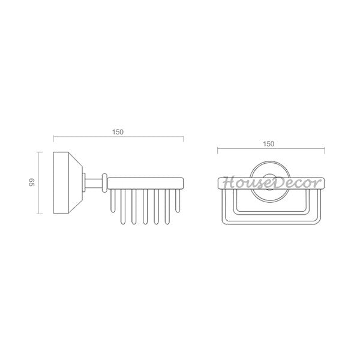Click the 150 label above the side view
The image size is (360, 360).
[118, 132]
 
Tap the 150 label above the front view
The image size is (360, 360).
[269, 144]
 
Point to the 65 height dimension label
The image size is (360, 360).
[31, 182]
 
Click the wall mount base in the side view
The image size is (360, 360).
[68, 183]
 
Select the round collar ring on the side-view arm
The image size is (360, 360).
[104, 183]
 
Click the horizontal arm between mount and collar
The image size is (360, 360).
[94, 183]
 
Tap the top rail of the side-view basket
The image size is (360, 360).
[145, 183]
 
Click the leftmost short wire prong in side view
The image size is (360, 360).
[113, 200]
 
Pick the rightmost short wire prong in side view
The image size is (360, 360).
[178, 200]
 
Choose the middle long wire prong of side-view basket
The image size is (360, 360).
[145, 206]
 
